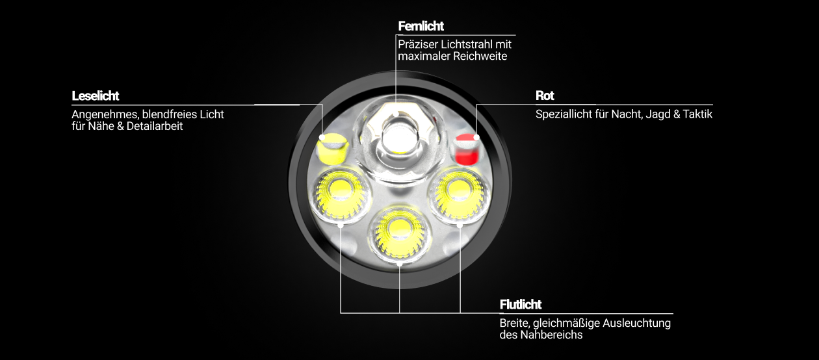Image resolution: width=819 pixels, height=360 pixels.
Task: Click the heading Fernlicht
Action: coord(421,26)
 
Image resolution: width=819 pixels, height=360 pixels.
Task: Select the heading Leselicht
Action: coord(95,96)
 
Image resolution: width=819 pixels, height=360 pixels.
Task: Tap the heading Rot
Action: coord(545,96)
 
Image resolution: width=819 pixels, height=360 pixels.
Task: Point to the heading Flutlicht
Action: coord(520,305)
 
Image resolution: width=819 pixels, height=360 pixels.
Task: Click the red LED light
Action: coord(466,149)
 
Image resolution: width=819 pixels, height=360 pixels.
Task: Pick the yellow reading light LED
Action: coord(332,149)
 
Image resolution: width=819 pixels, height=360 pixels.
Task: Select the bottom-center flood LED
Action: coord(400,233)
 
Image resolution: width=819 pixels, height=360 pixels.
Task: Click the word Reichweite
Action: coord(480,57)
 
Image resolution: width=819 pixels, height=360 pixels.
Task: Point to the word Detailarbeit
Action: coord(154,127)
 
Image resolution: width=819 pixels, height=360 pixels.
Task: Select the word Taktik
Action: coord(697,114)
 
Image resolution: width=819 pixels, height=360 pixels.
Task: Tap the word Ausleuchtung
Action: coord(636,324)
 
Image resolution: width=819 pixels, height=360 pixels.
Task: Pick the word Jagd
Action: coord(658,115)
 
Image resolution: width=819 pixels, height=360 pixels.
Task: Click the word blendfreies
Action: coord(168,114)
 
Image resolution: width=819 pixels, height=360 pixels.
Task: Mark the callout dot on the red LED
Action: coord(476,137)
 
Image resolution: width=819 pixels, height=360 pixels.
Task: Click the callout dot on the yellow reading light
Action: coord(322,137)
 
